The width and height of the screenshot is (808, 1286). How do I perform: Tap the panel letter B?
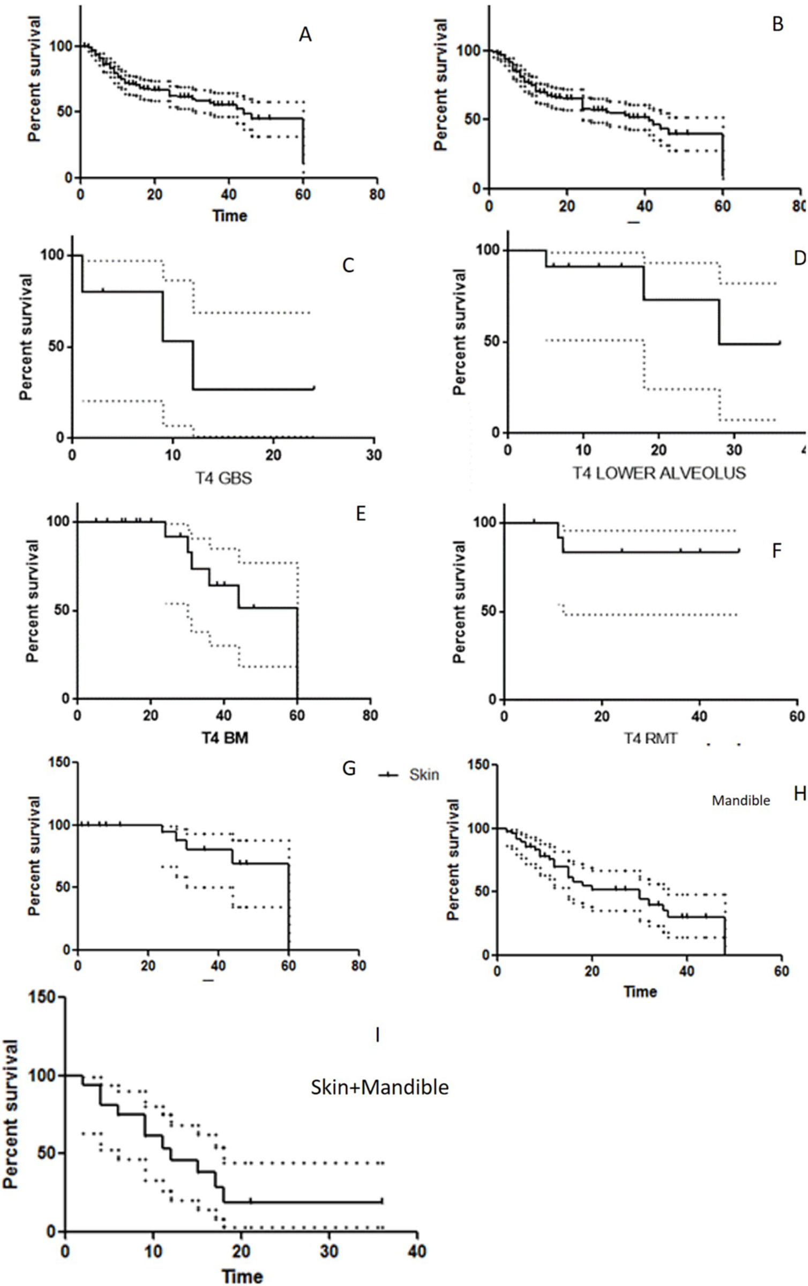777,24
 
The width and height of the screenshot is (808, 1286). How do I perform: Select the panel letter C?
348,265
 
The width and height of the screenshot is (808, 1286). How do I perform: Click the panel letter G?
349,768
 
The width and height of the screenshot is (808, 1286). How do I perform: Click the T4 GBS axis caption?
223,477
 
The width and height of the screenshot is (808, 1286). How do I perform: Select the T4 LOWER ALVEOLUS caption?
659,473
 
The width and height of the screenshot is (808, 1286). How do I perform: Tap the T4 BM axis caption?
225,738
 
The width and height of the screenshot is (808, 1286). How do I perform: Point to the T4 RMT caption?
650,738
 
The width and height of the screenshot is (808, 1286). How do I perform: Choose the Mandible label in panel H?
740,801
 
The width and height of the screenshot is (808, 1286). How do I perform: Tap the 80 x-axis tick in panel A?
377,195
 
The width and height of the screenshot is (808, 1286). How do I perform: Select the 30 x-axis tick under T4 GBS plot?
373,455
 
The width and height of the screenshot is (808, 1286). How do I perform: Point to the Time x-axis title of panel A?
230,216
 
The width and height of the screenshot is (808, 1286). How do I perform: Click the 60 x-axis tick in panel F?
797,716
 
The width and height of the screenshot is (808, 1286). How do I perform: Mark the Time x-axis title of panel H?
640,991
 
